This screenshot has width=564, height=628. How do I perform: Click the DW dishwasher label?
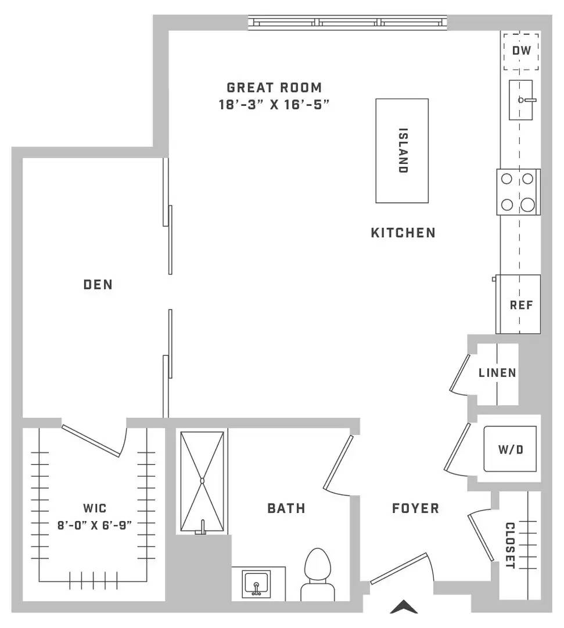522,51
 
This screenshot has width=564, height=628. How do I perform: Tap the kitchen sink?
521,100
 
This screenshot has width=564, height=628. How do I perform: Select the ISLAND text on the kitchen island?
403,150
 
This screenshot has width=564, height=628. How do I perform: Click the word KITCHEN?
403,233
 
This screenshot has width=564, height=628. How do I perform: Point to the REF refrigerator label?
521,305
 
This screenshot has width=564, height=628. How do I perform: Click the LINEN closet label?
497,373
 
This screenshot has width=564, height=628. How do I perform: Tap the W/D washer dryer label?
511,449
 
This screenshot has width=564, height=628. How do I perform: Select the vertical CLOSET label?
510,545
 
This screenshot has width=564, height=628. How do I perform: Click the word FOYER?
416,509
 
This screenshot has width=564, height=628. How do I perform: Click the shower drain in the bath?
202,481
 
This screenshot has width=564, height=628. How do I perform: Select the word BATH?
286,509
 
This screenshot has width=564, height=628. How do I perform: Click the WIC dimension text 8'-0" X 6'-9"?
95,525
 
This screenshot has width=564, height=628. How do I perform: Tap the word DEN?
98,285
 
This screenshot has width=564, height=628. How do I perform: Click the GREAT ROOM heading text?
274,87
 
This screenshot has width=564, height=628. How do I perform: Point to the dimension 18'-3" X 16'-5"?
274,105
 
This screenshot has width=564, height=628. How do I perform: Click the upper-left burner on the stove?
507,179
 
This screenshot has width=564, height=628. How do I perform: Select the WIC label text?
95,508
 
